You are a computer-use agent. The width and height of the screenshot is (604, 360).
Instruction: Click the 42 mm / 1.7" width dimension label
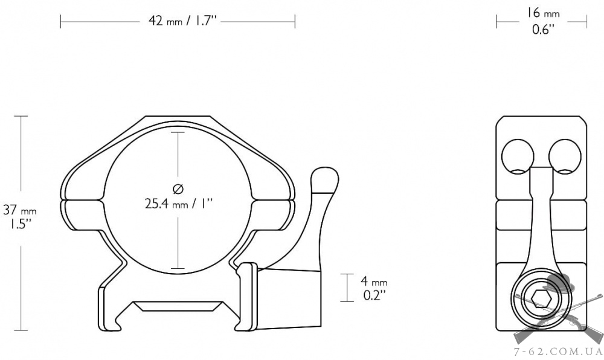[183, 21]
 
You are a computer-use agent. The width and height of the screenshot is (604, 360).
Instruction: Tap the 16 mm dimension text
[543, 13]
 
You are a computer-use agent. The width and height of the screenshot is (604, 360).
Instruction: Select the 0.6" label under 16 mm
[543, 29]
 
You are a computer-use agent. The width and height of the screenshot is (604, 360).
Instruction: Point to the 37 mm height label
[20, 210]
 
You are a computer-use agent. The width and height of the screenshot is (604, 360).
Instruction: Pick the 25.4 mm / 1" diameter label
[179, 203]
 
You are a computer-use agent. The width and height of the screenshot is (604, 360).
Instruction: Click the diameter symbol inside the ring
[178, 189]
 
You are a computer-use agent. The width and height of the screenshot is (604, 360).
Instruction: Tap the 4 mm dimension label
[374, 281]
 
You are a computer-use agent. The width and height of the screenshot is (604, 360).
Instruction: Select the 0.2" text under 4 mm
[374, 295]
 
